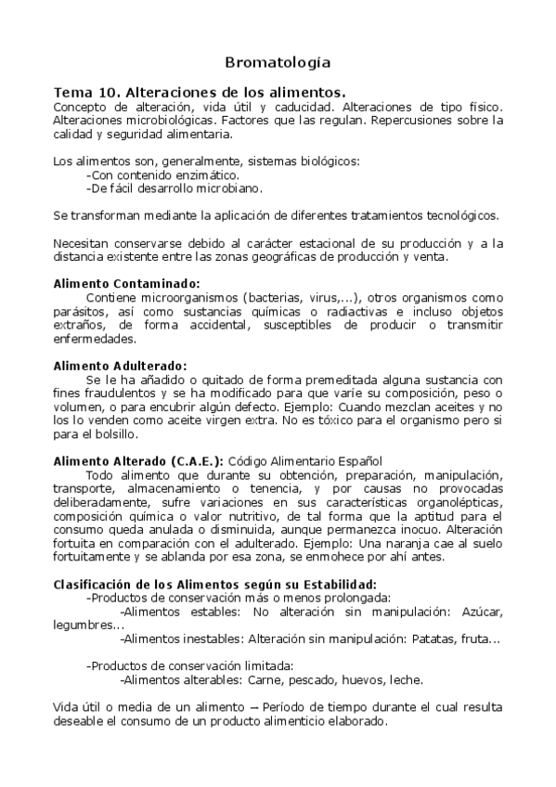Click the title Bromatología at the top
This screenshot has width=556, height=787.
click(278, 63)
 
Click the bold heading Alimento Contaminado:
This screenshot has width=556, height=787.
click(127, 284)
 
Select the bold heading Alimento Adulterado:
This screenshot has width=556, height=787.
click(121, 366)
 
